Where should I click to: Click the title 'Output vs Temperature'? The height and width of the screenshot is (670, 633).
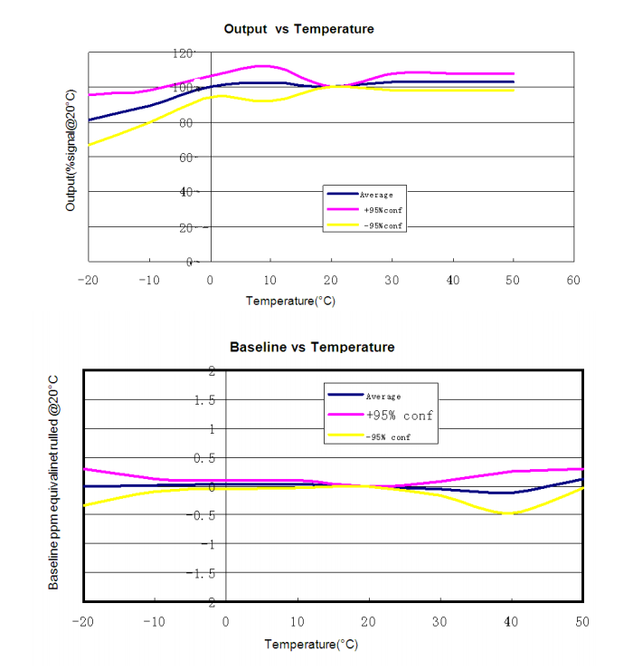(298, 29)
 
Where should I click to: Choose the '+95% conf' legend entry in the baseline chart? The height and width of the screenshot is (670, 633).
(399, 416)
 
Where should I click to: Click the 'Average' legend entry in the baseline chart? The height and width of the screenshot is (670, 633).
(383, 396)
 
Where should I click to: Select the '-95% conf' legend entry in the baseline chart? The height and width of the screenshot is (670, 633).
(389, 438)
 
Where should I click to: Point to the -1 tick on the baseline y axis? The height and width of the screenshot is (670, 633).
(207, 544)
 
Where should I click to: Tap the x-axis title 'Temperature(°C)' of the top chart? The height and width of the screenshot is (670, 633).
(290, 301)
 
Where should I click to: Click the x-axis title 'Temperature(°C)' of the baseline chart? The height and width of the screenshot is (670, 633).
(310, 644)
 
